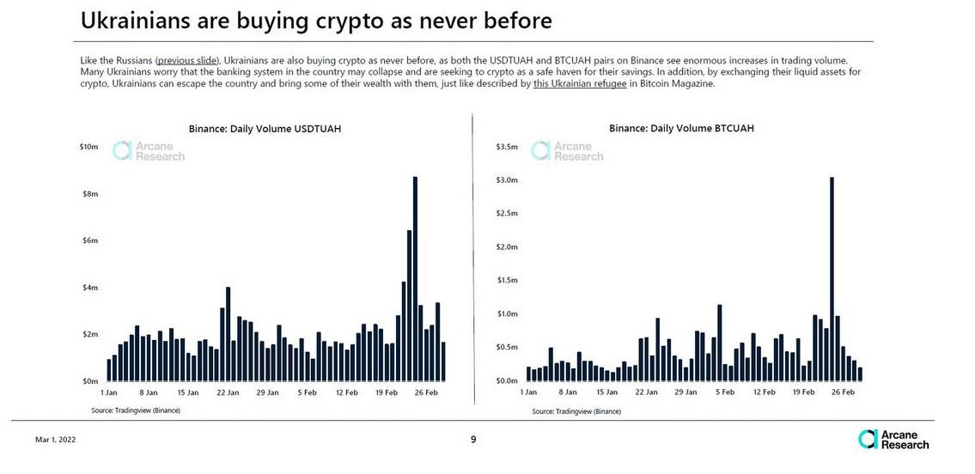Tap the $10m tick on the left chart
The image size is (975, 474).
coord(89,148)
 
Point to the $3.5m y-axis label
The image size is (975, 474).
coord(507,148)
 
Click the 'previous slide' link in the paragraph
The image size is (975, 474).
coord(188,60)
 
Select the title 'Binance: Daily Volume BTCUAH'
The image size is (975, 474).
coord(681,129)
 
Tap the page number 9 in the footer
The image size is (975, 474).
coord(473,440)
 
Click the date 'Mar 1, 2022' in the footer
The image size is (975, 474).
coord(54,440)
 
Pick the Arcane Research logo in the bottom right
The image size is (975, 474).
coord(893,439)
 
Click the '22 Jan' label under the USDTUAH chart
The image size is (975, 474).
coord(228,392)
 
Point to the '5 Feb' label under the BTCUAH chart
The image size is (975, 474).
coord(724,392)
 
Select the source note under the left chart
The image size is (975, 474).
coord(136,410)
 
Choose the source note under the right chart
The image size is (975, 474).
coord(576,411)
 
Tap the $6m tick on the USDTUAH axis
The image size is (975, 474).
coord(89,240)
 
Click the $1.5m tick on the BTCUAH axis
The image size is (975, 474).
coord(507,281)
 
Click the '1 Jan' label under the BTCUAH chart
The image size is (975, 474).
coord(528,392)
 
